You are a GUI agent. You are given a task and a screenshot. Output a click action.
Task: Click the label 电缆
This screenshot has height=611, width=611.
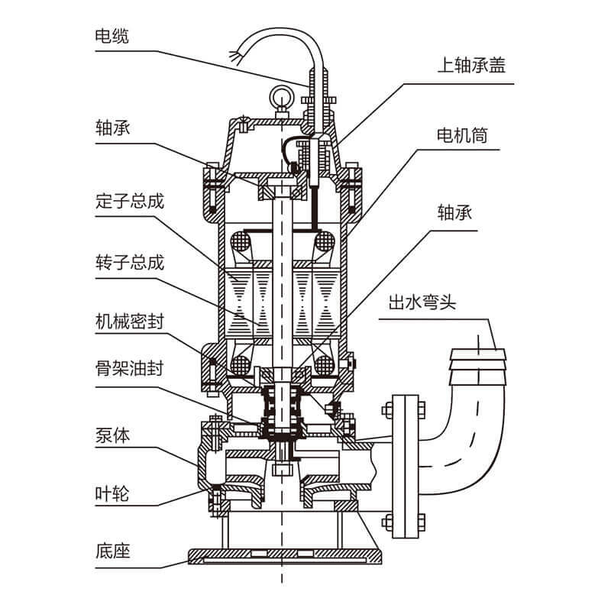(113, 36)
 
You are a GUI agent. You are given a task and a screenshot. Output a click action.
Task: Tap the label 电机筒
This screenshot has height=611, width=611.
(461, 136)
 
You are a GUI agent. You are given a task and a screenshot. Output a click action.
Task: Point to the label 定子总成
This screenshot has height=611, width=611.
(130, 202)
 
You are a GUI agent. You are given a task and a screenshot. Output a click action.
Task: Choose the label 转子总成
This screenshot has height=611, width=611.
(130, 263)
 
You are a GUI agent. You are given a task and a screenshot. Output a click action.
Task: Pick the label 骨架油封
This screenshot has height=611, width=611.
(130, 376)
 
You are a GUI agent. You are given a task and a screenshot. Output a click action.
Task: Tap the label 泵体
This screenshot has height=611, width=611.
(113, 435)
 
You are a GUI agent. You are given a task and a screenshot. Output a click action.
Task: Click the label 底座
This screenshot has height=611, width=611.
(113, 550)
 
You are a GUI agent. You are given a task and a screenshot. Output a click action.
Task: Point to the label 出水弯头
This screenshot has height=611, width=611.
(422, 303)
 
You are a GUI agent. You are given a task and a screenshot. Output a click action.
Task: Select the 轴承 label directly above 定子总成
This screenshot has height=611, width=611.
(113, 127)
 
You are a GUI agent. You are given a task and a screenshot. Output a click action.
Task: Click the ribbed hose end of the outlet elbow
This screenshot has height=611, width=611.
(479, 359)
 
